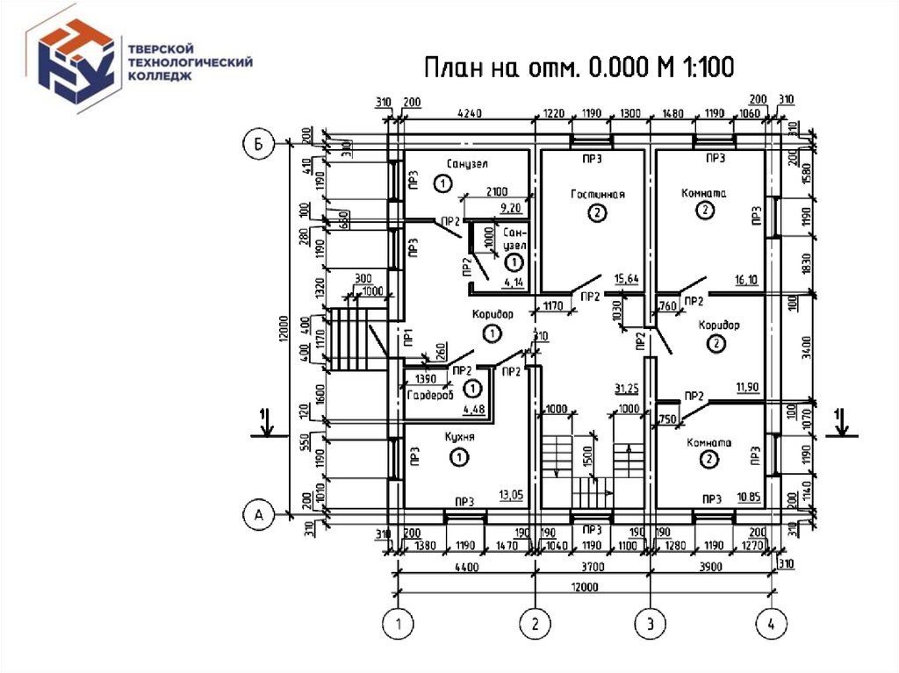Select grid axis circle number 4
coord(771,625)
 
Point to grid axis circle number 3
coord(650,625)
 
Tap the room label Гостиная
coord(597,194)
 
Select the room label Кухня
coord(459,437)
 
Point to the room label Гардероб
coord(429,398)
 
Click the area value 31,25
coord(626,388)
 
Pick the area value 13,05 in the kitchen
coord(510,495)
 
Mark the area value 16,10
coord(745,281)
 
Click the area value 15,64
coord(626,279)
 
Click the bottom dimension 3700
coord(592,568)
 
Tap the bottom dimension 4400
coord(466,568)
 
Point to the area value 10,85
coord(748,496)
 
